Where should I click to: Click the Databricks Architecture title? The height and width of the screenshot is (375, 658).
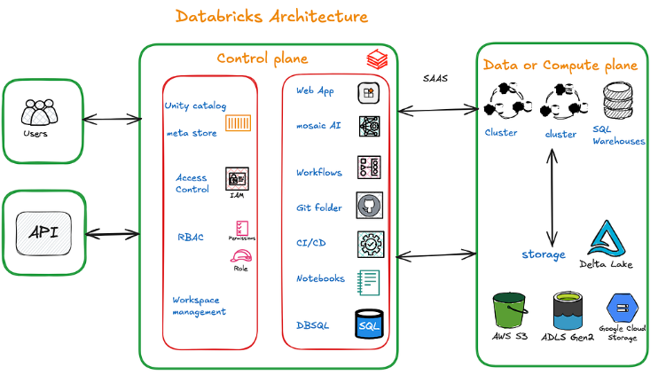coord(271,17)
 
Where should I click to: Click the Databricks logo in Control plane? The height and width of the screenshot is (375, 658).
coord(378,59)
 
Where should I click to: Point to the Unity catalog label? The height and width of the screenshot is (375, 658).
coord(195,106)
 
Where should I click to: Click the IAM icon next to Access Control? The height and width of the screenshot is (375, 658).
coord(237,178)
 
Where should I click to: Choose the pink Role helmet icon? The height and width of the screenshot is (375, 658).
coord(240,257)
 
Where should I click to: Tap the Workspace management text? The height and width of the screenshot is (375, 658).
coord(199,306)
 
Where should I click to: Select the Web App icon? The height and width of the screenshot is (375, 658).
coord(369,91)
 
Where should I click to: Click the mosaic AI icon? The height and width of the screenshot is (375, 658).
coord(370,127)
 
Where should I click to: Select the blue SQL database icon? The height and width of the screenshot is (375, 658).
coord(369,325)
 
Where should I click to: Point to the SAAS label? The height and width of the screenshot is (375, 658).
coord(435,78)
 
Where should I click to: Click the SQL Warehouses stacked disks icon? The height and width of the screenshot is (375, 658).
coord(617,102)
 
